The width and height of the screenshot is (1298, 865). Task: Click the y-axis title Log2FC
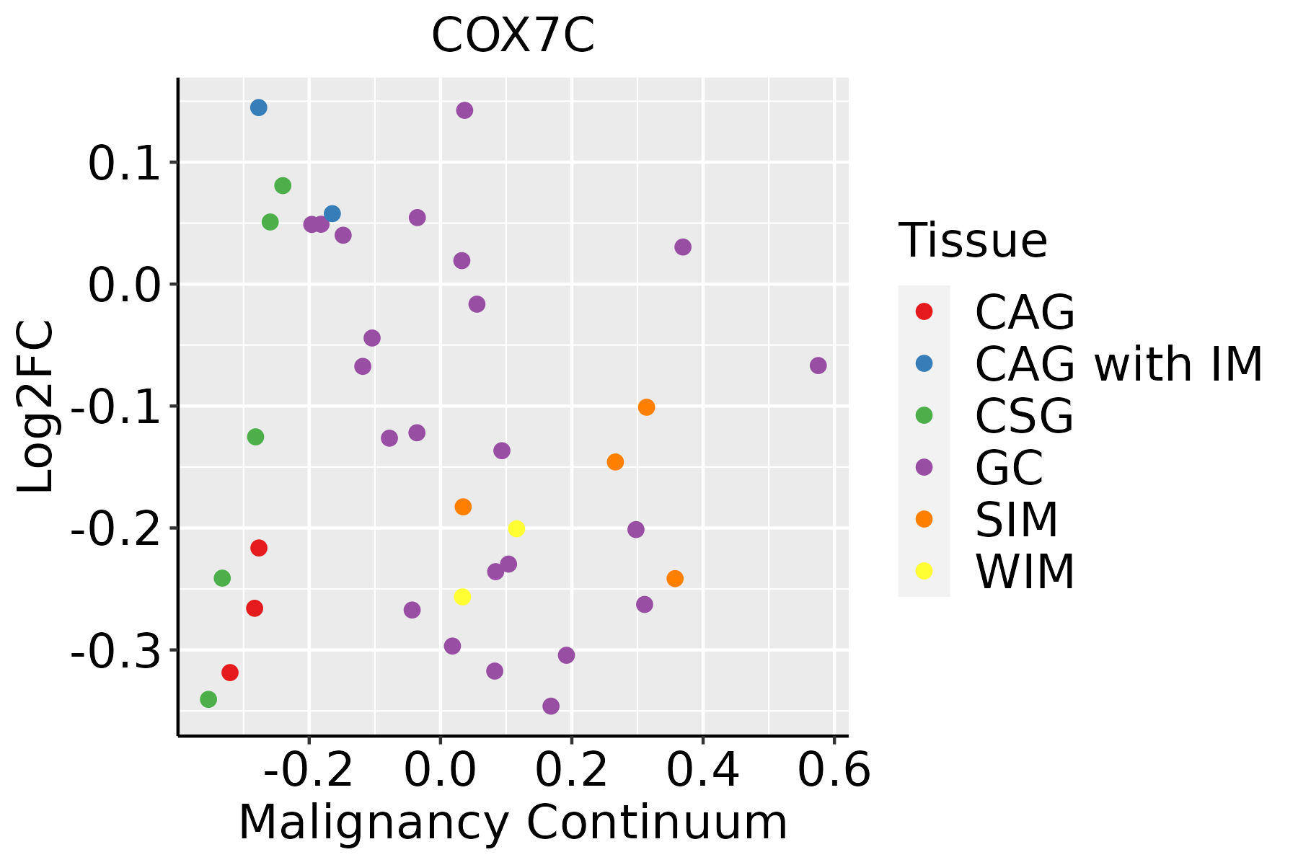(x=36, y=407)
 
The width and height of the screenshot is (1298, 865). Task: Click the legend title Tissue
(x=973, y=241)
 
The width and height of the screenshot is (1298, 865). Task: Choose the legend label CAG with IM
(x=1118, y=364)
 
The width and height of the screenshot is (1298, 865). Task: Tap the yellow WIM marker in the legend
(x=924, y=571)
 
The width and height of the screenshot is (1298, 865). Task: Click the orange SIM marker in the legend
(x=924, y=519)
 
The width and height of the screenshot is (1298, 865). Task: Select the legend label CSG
(x=1024, y=416)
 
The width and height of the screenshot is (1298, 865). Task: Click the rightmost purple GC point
(x=818, y=365)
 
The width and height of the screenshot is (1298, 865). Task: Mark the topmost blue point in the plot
(x=259, y=107)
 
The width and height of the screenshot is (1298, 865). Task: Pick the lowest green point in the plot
(x=208, y=699)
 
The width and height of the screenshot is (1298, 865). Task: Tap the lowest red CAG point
(x=230, y=673)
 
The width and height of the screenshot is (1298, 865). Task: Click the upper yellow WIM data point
(x=516, y=528)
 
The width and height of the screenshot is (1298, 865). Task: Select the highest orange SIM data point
(x=647, y=407)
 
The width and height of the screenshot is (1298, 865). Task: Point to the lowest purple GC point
(x=551, y=706)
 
